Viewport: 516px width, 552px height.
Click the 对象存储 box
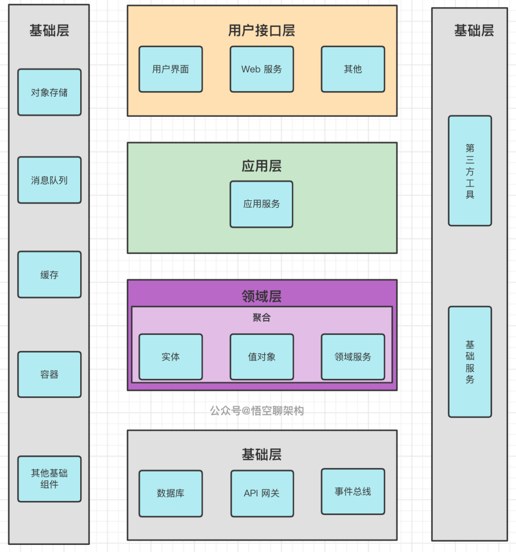coord(49,92)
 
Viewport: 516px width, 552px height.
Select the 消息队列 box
coord(49,180)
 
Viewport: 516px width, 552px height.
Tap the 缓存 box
coord(49,275)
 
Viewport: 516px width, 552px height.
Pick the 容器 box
coord(49,374)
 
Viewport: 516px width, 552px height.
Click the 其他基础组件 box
coord(49,479)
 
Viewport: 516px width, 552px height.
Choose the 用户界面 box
coord(171,69)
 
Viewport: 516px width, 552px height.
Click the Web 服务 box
coord(261,69)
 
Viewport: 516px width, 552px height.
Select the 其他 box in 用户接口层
coord(353,69)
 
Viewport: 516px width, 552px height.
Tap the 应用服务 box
coord(261,204)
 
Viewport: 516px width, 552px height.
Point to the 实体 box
coord(171,357)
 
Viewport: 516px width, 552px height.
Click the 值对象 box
coord(261,357)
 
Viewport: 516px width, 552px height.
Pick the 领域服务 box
coord(353,357)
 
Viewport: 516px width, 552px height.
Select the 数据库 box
coord(171,493)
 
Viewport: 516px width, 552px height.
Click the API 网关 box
coord(262,493)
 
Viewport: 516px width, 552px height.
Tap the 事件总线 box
coord(353,491)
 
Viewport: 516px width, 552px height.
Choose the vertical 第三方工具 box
coord(470,171)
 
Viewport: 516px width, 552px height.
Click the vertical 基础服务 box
coord(470,362)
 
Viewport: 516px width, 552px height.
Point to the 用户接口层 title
coord(261,31)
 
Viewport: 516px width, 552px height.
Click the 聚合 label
coord(261,317)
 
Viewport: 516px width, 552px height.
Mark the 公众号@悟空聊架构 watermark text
coord(257,411)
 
